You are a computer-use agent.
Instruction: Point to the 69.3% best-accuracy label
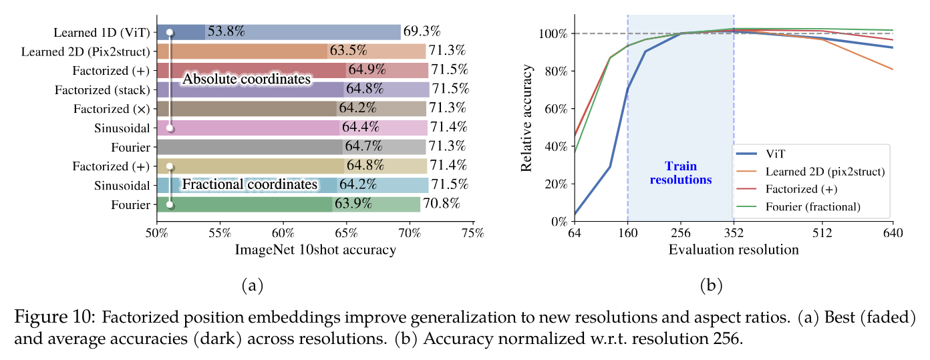pyautogui.click(x=424, y=31)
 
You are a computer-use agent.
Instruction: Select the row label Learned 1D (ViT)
pyautogui.click(x=104, y=32)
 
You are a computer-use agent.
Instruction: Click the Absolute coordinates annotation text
pyautogui.click(x=247, y=79)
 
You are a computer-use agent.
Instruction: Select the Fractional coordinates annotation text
pyautogui.click(x=249, y=184)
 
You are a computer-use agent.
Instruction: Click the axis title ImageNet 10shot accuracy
pyautogui.click(x=315, y=250)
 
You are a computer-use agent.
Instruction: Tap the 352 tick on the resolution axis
pyautogui.click(x=734, y=233)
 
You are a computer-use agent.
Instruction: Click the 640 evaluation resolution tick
pyautogui.click(x=893, y=233)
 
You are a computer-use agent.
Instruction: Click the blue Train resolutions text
pyautogui.click(x=681, y=173)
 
